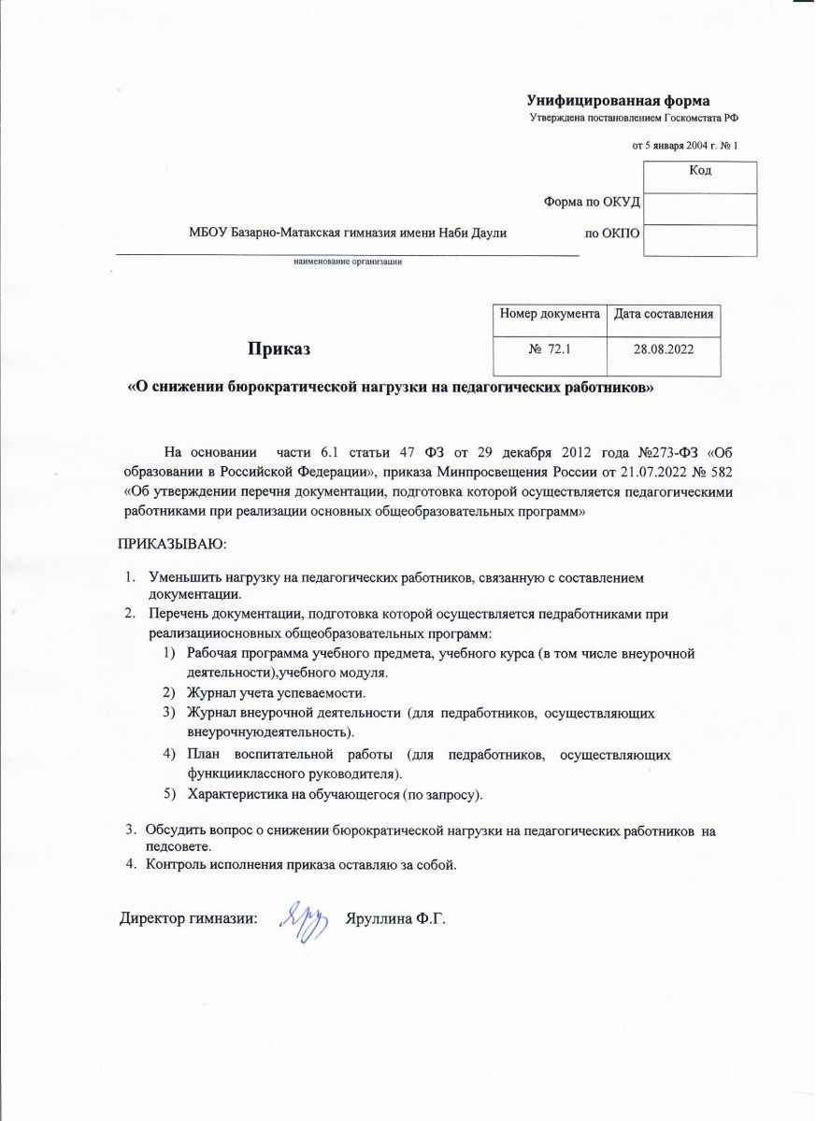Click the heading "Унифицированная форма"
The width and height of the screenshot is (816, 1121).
click(x=618, y=100)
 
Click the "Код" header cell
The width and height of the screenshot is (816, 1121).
click(x=700, y=170)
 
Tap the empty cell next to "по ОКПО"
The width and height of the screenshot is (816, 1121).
click(x=701, y=239)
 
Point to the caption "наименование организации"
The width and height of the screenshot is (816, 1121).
click(x=348, y=262)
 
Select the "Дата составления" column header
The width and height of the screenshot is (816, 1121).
click(x=664, y=315)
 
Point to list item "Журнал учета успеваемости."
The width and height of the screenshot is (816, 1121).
click(x=277, y=693)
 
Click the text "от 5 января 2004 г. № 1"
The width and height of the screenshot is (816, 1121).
click(x=685, y=146)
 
